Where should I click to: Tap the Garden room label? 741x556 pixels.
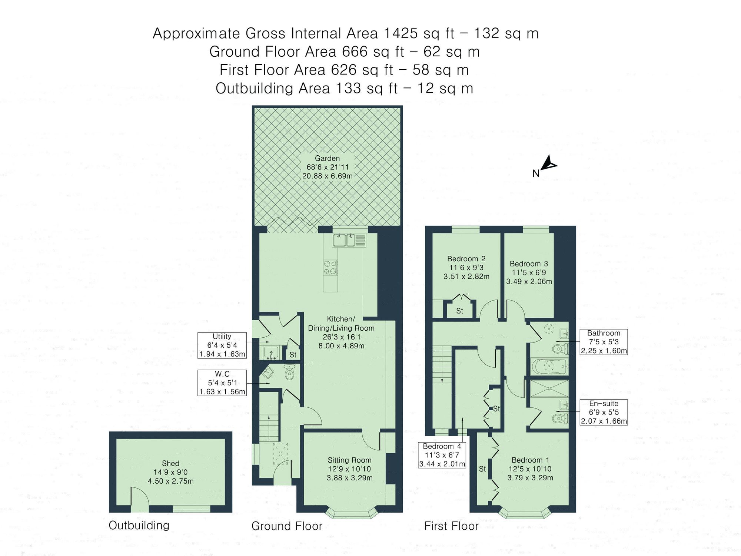click(327, 158)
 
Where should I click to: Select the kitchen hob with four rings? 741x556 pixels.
click(330, 267)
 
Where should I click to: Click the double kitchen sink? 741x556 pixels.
click(345, 240)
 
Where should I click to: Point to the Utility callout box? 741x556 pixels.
click(222, 345)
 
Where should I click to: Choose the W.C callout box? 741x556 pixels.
click(222, 383)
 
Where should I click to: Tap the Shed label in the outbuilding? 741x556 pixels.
click(170, 463)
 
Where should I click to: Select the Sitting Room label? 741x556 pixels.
click(349, 460)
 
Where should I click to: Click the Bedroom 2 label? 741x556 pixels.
click(466, 259)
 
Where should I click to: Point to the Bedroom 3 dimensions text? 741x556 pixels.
click(529, 277)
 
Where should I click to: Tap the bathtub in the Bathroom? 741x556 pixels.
click(549, 367)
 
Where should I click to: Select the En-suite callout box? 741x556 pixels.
click(604, 412)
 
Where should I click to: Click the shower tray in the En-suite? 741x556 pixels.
click(549, 388)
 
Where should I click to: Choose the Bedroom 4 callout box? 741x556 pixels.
click(442, 455)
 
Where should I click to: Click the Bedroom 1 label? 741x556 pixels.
click(530, 460)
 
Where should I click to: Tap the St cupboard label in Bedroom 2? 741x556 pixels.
click(459, 311)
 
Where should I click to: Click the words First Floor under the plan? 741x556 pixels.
click(451, 526)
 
